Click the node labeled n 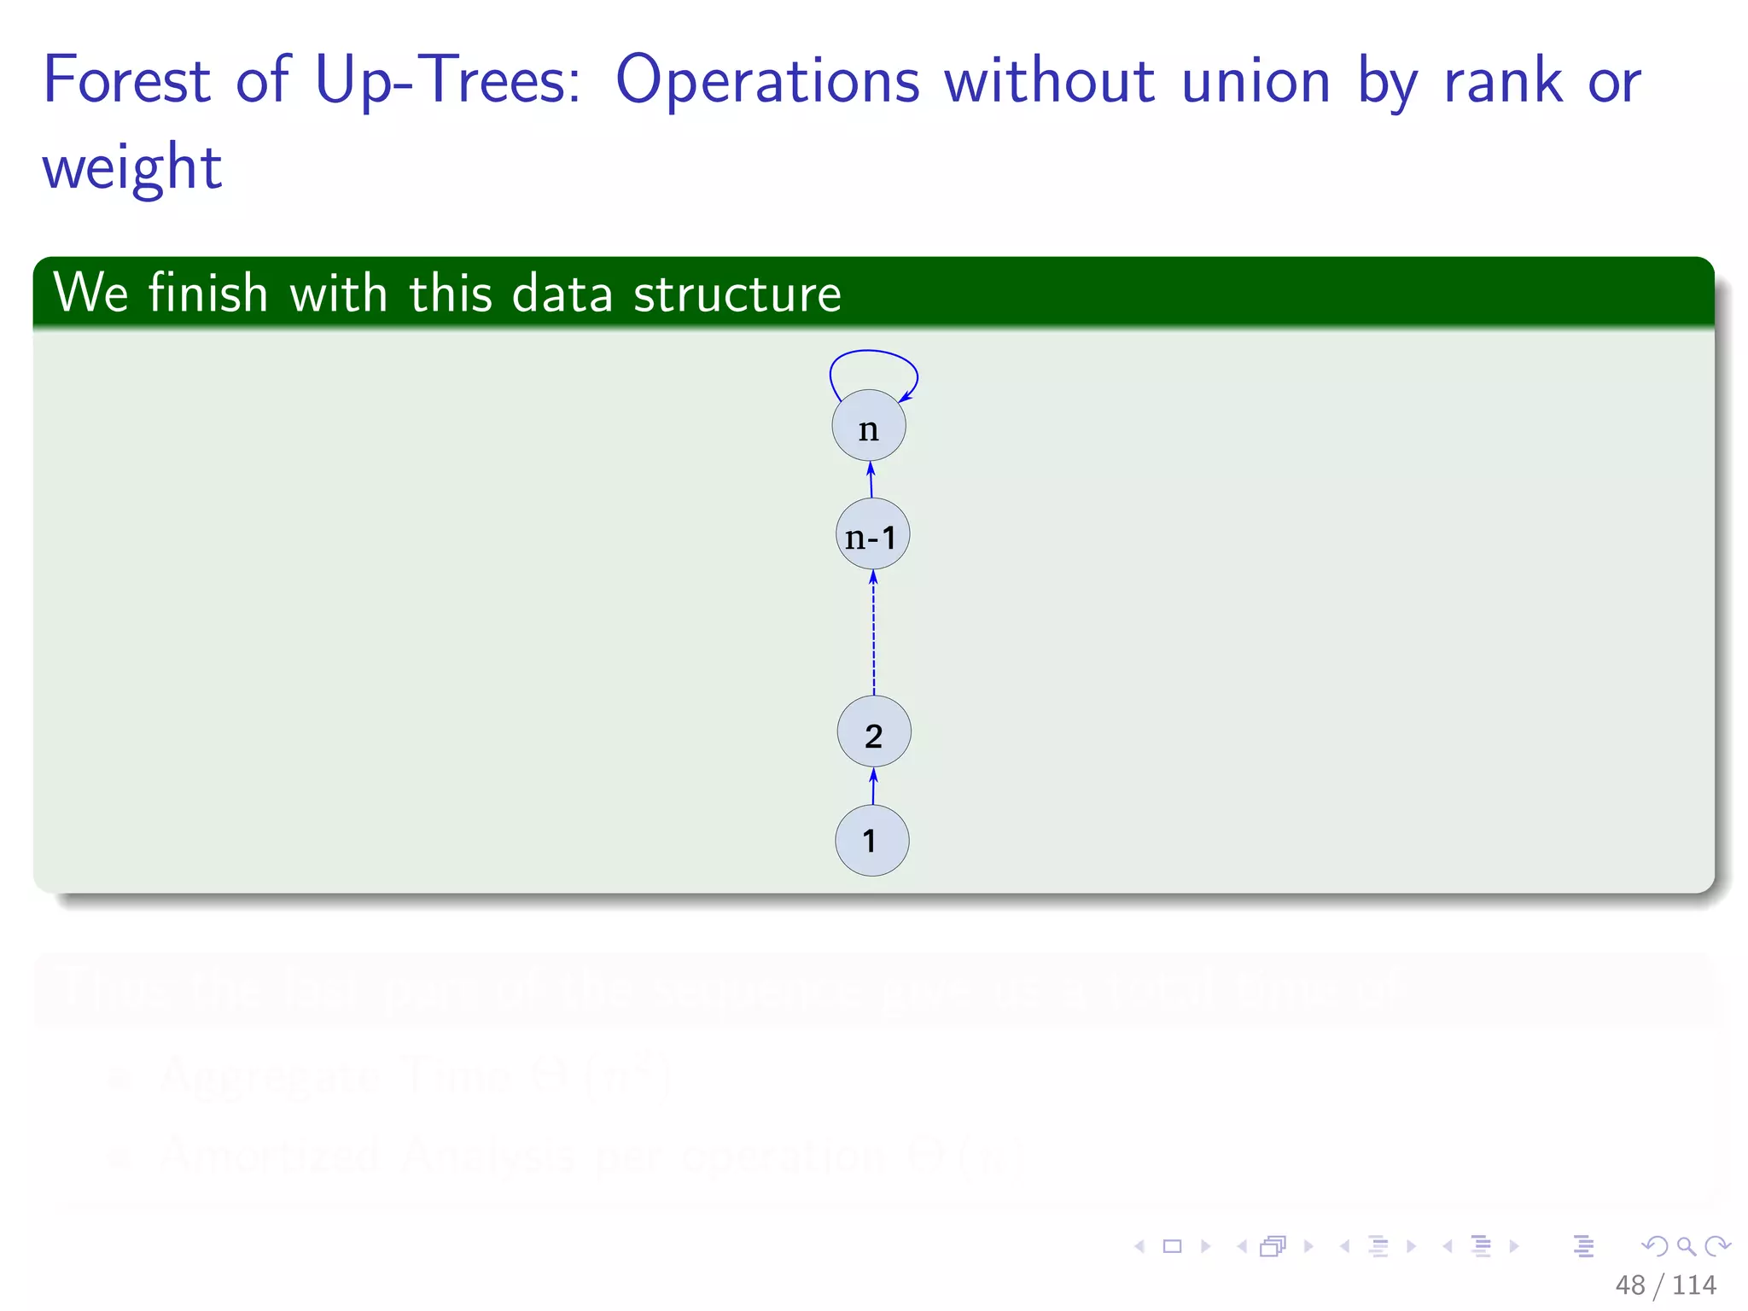coord(869,426)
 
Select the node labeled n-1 coord(872,534)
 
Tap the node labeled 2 coord(874,732)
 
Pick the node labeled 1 coord(871,841)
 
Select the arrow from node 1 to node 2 coord(873,786)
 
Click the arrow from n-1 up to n coord(871,480)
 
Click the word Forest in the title coord(126,80)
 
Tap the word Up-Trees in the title coord(448,82)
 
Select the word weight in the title coord(132,168)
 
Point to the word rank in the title coord(1503,82)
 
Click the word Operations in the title coord(767,82)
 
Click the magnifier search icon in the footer coord(1686,1247)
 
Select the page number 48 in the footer coord(1630,1285)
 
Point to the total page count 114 coord(1694,1285)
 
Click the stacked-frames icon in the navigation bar coord(1273,1247)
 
